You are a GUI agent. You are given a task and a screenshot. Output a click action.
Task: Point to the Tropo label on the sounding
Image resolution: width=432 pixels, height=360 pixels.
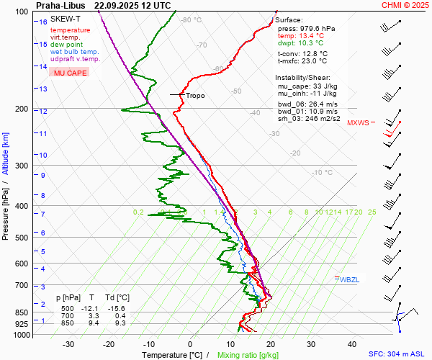point(195,95)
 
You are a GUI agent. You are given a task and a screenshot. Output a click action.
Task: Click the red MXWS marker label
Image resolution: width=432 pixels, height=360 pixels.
point(358,122)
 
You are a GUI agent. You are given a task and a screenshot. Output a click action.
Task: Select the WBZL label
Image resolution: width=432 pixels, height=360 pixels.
point(349,279)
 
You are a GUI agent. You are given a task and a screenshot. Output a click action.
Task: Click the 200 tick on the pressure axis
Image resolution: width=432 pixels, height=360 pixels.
point(21,109)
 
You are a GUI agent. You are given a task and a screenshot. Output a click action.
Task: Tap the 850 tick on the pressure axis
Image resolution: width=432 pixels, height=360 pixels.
point(21,312)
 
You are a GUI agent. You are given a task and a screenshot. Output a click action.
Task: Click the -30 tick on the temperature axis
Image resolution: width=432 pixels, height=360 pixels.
point(68,344)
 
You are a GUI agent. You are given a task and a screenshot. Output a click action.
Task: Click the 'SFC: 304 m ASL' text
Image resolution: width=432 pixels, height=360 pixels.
point(398,354)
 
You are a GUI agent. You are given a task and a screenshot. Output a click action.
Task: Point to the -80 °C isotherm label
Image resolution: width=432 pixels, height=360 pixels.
point(192,20)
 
